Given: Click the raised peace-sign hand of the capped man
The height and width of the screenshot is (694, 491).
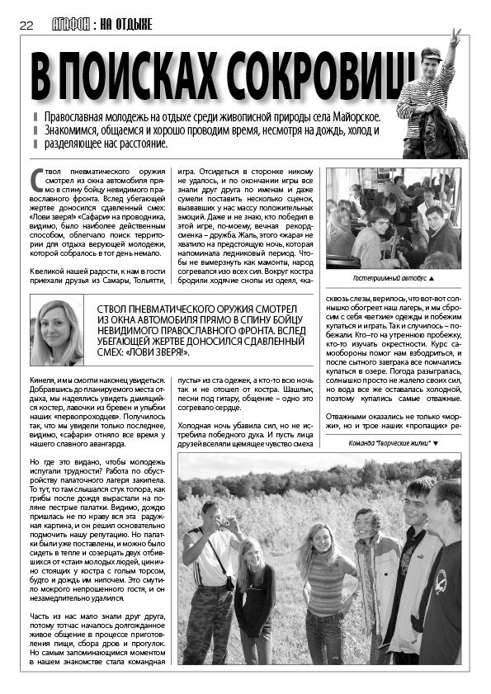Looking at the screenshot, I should [453, 37].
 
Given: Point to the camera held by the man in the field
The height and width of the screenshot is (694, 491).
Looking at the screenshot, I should [224, 522].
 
